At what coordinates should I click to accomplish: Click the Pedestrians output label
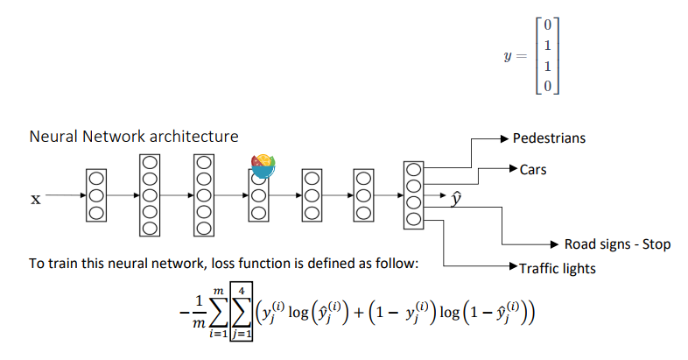click(549, 138)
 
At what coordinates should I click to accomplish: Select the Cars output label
click(532, 170)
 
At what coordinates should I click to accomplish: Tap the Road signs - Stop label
click(617, 244)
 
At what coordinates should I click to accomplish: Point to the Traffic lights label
click(557, 269)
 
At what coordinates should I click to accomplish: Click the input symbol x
click(36, 200)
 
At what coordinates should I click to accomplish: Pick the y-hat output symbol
click(455, 200)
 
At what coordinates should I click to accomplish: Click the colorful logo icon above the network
click(263, 163)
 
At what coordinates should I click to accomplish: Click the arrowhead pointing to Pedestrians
click(504, 138)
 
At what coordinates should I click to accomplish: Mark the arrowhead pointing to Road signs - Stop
click(555, 244)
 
